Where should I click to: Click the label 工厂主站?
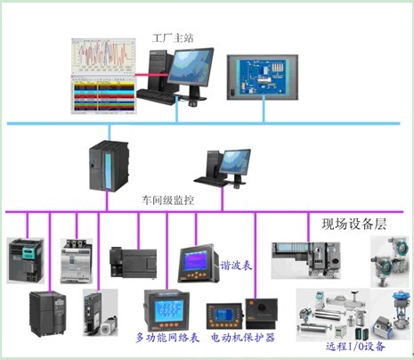(x=173, y=37)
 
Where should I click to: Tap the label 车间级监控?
(x=167, y=200)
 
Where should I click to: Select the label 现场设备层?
(x=354, y=224)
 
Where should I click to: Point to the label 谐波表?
(x=236, y=266)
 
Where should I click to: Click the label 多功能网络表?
(x=167, y=338)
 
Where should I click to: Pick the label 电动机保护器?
(x=243, y=338)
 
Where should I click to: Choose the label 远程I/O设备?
(x=355, y=347)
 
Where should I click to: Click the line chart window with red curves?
(x=103, y=56)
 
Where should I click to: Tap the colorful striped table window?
(x=103, y=94)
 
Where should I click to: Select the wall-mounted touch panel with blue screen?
(x=263, y=78)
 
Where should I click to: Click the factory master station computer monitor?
(x=191, y=69)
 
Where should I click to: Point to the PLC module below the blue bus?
(x=109, y=166)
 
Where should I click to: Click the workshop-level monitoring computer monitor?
(x=237, y=162)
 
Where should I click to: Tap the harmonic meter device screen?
(x=195, y=261)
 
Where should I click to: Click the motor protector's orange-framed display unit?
(x=225, y=315)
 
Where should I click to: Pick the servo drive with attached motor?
(x=100, y=313)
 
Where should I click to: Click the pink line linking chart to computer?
(x=152, y=75)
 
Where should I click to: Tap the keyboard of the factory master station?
(x=157, y=96)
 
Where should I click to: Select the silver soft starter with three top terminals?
(x=77, y=261)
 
